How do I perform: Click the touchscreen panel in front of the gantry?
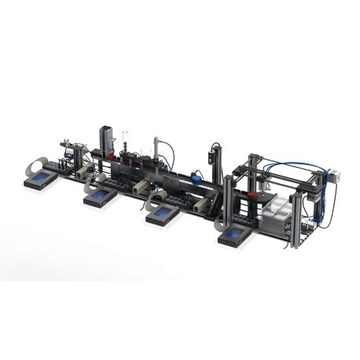click(x=235, y=236)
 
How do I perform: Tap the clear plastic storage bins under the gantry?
click(x=276, y=212)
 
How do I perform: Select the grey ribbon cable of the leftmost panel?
click(x=31, y=167)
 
